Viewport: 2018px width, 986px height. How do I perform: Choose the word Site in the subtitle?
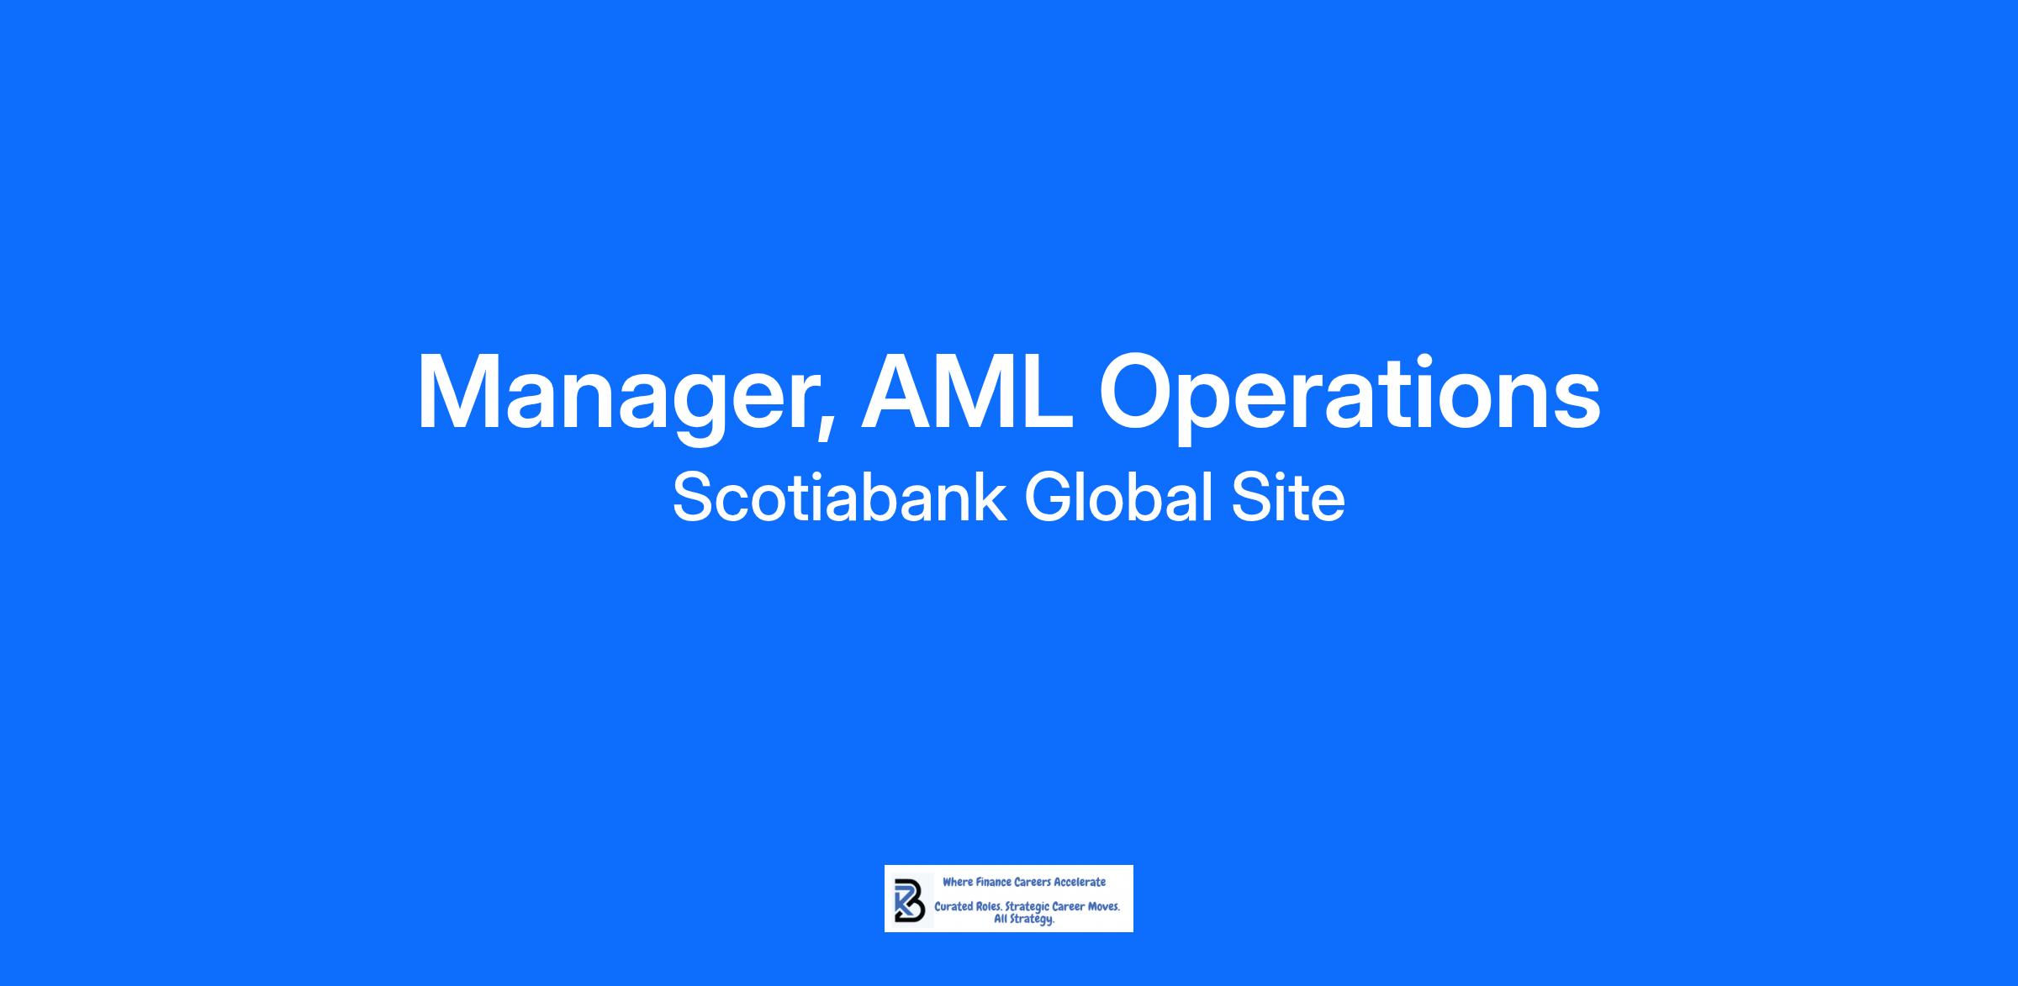(1288, 497)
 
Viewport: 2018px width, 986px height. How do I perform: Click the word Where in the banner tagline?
(958, 882)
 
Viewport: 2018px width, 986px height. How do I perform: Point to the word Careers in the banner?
(1033, 882)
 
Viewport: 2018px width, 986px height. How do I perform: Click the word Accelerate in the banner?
(1080, 882)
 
